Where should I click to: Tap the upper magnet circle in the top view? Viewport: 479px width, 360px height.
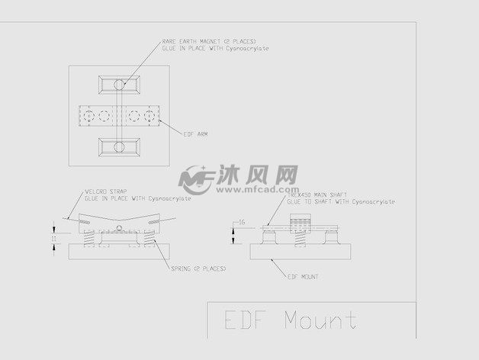click(x=118, y=84)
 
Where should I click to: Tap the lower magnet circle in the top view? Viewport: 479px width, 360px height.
click(x=118, y=146)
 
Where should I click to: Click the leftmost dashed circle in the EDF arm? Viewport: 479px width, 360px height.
click(x=88, y=116)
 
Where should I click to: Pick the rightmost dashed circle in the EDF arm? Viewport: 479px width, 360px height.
click(x=149, y=116)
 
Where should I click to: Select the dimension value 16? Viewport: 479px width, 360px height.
click(x=242, y=222)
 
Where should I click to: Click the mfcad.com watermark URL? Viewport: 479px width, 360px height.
click(x=271, y=191)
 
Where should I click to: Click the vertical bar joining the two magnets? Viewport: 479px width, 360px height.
click(x=118, y=115)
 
